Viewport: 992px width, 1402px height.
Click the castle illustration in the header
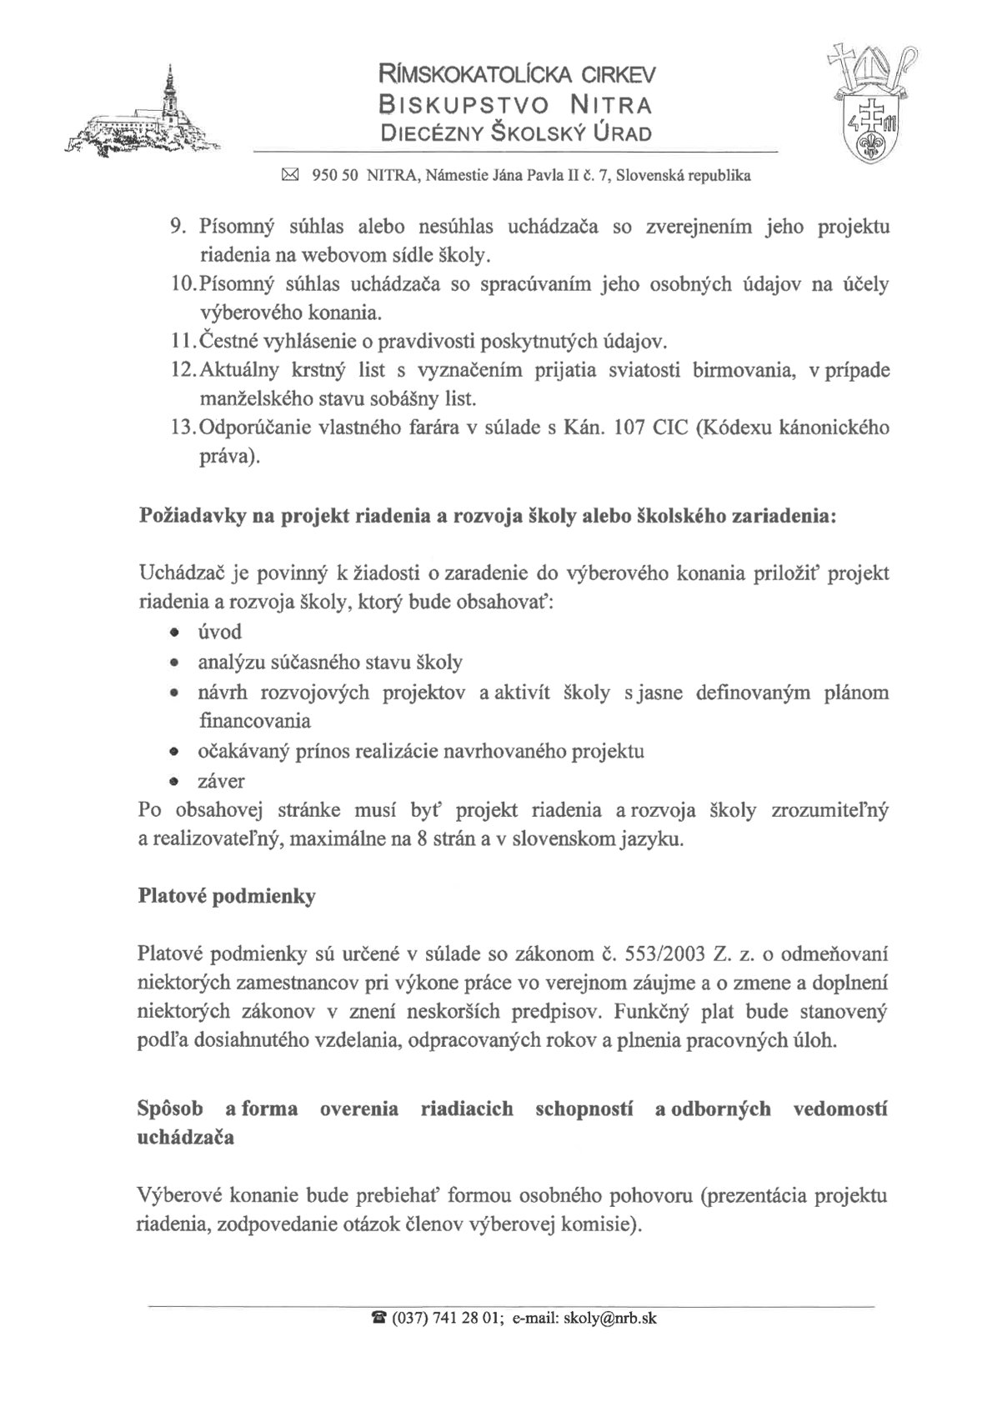coord(142,121)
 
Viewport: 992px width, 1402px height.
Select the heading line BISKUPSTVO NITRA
coord(516,105)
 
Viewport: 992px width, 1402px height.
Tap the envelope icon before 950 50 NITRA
coord(290,175)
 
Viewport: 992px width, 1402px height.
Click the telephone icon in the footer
coord(379,1318)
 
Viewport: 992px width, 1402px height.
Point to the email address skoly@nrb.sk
coord(609,1318)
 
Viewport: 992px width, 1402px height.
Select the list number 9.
coord(177,227)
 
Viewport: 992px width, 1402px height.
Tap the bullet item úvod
coord(220,632)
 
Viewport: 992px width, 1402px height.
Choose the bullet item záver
coord(222,781)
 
